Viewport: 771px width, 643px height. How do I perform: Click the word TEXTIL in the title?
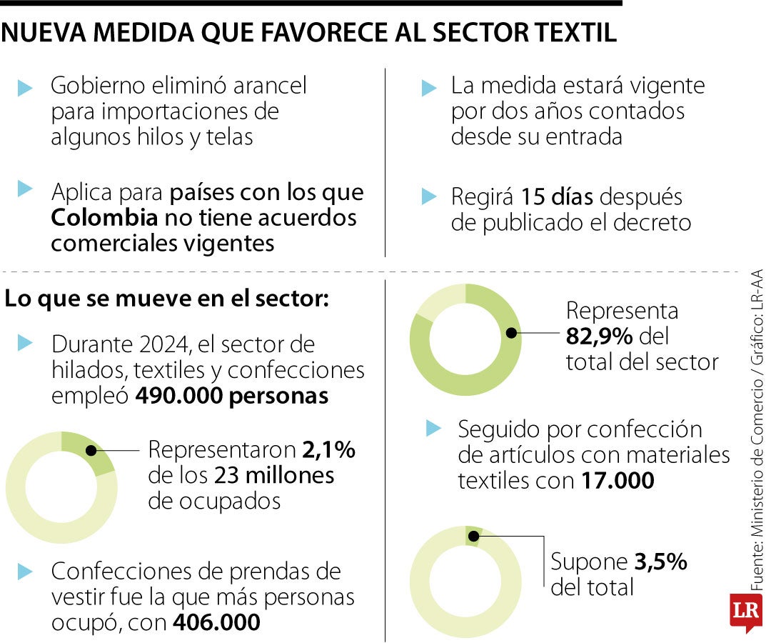569,34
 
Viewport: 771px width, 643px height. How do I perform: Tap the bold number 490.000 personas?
232,397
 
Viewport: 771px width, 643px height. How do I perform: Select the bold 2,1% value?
329,450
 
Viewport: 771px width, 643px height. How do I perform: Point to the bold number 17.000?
617,481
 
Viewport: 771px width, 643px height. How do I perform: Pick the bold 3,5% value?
660,562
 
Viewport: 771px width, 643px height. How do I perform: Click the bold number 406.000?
216,623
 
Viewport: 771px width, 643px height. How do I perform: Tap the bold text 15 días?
558,196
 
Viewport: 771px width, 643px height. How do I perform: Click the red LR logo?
745,612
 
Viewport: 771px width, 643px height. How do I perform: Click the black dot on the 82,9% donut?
511,333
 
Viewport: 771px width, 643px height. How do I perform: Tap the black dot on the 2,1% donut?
91,450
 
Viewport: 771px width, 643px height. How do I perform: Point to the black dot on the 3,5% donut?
472,536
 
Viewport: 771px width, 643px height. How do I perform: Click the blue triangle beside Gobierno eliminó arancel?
26,88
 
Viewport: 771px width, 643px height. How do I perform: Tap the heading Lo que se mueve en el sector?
167,299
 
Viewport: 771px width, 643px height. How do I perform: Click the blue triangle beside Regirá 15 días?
428,196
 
